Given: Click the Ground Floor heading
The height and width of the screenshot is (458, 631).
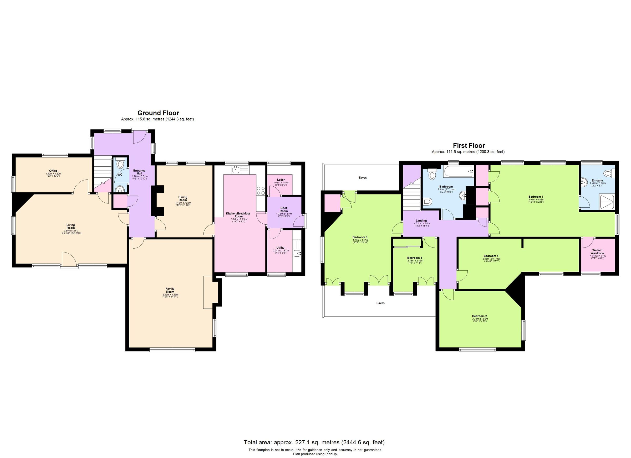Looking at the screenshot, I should [158, 113].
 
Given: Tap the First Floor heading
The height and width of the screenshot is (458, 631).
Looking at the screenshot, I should [469, 146].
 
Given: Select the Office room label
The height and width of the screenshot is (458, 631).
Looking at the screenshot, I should [53, 171].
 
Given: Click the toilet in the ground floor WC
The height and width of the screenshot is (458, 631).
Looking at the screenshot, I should [120, 164].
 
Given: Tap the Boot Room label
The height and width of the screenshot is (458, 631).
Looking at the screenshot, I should [283, 209].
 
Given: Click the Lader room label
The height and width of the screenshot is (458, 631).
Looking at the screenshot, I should [281, 180].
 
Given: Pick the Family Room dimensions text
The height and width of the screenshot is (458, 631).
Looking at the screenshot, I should [170, 296].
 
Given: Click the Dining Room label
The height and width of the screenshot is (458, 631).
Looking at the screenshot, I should [183, 199].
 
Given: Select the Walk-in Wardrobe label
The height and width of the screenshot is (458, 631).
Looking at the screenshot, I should [598, 252].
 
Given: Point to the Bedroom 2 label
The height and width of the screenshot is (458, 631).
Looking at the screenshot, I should [479, 316].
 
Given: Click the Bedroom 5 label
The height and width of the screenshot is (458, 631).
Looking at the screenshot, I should [415, 258].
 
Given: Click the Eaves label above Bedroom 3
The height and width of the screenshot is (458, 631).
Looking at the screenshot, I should [363, 177].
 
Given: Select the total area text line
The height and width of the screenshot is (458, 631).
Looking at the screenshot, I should [314, 442].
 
